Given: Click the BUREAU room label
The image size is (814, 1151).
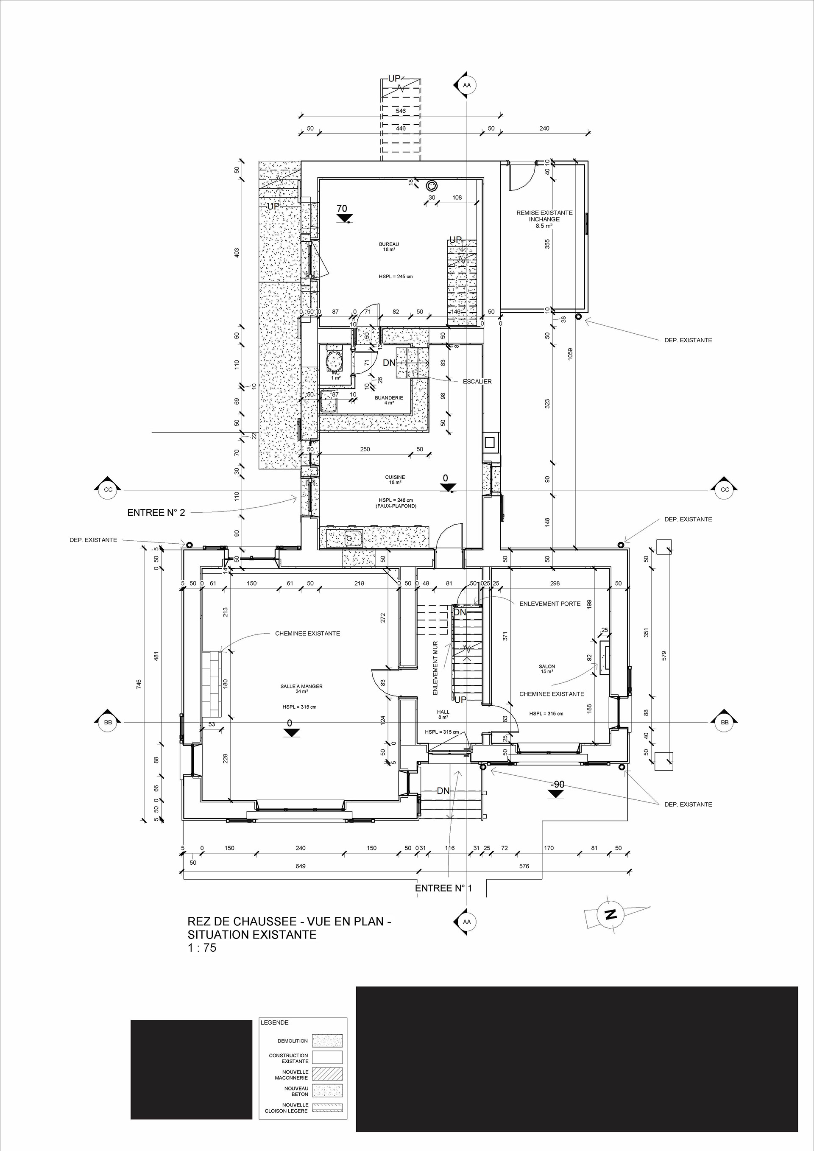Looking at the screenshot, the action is (x=389, y=244).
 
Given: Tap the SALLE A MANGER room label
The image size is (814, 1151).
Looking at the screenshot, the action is (x=301, y=686).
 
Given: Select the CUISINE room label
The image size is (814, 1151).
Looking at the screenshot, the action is (x=395, y=477).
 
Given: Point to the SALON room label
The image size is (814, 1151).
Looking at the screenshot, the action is (x=547, y=667).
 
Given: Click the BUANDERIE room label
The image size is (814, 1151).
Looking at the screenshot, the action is (x=389, y=397).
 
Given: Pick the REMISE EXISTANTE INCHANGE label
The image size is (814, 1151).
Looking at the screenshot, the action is (x=544, y=216).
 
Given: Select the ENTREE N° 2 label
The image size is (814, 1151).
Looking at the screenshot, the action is (x=156, y=512).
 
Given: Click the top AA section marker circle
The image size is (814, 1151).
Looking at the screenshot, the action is (x=467, y=85).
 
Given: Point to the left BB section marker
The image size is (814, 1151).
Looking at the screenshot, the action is (x=107, y=722).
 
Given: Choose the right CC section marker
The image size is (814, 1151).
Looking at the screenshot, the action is (x=725, y=489).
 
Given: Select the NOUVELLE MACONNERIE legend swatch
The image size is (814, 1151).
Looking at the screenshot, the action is (x=327, y=1074).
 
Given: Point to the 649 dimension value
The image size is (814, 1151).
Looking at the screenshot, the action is (x=300, y=866).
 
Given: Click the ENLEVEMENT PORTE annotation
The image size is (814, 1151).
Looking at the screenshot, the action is (x=550, y=603).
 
